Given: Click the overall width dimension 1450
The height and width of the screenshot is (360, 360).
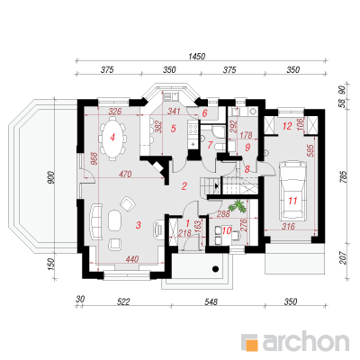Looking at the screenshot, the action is [x=197, y=56].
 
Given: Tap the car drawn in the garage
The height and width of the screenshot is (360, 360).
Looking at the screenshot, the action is [x=292, y=190].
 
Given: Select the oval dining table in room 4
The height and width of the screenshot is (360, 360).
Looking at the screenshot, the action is [x=112, y=138].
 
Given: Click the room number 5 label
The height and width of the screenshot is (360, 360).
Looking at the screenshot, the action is [x=174, y=129].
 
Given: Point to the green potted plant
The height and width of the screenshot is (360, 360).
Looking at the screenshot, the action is [x=238, y=206].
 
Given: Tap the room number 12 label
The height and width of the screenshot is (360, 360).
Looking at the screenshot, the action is [x=287, y=126].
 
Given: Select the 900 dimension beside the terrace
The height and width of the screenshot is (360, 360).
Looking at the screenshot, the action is [x=50, y=177].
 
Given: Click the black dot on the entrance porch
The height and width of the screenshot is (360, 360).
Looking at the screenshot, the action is [x=215, y=268].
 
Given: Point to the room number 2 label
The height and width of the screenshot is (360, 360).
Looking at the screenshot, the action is [x=184, y=186].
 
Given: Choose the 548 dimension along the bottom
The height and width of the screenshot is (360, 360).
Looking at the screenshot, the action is [x=212, y=301].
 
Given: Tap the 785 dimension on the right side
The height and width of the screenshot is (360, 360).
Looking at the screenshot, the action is [x=344, y=177].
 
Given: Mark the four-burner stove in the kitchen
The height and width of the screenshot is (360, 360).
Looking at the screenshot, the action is [x=193, y=129].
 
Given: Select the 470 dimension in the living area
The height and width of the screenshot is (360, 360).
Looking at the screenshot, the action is [x=125, y=174].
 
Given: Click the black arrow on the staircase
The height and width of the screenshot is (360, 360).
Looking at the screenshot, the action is [x=217, y=186].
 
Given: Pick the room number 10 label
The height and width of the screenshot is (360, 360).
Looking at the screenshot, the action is [x=227, y=230].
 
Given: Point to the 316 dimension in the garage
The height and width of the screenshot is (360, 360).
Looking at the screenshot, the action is [x=289, y=226].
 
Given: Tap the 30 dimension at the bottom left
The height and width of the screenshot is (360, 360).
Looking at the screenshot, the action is [x=80, y=299].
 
